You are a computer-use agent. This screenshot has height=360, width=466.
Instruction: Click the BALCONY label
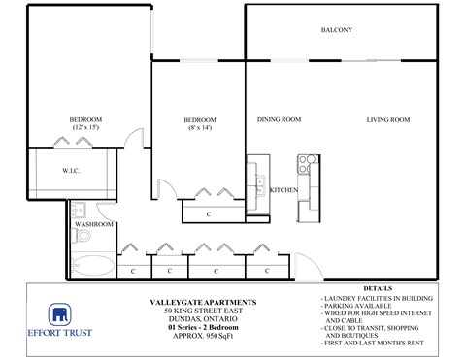click(x=337, y=30)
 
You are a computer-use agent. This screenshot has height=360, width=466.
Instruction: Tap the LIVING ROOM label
click(x=388, y=120)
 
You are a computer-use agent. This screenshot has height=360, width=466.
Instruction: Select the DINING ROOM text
click(x=279, y=120)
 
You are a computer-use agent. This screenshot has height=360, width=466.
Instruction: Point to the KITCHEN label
click(x=283, y=189)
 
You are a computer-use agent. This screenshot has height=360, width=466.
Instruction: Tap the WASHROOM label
click(x=95, y=224)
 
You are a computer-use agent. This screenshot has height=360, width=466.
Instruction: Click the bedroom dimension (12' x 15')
click(x=85, y=128)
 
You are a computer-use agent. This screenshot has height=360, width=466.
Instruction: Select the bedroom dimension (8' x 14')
click(x=201, y=128)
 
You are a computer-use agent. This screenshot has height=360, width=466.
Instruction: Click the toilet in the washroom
click(x=83, y=236)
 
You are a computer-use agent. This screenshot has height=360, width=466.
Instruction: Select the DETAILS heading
click(x=378, y=289)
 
